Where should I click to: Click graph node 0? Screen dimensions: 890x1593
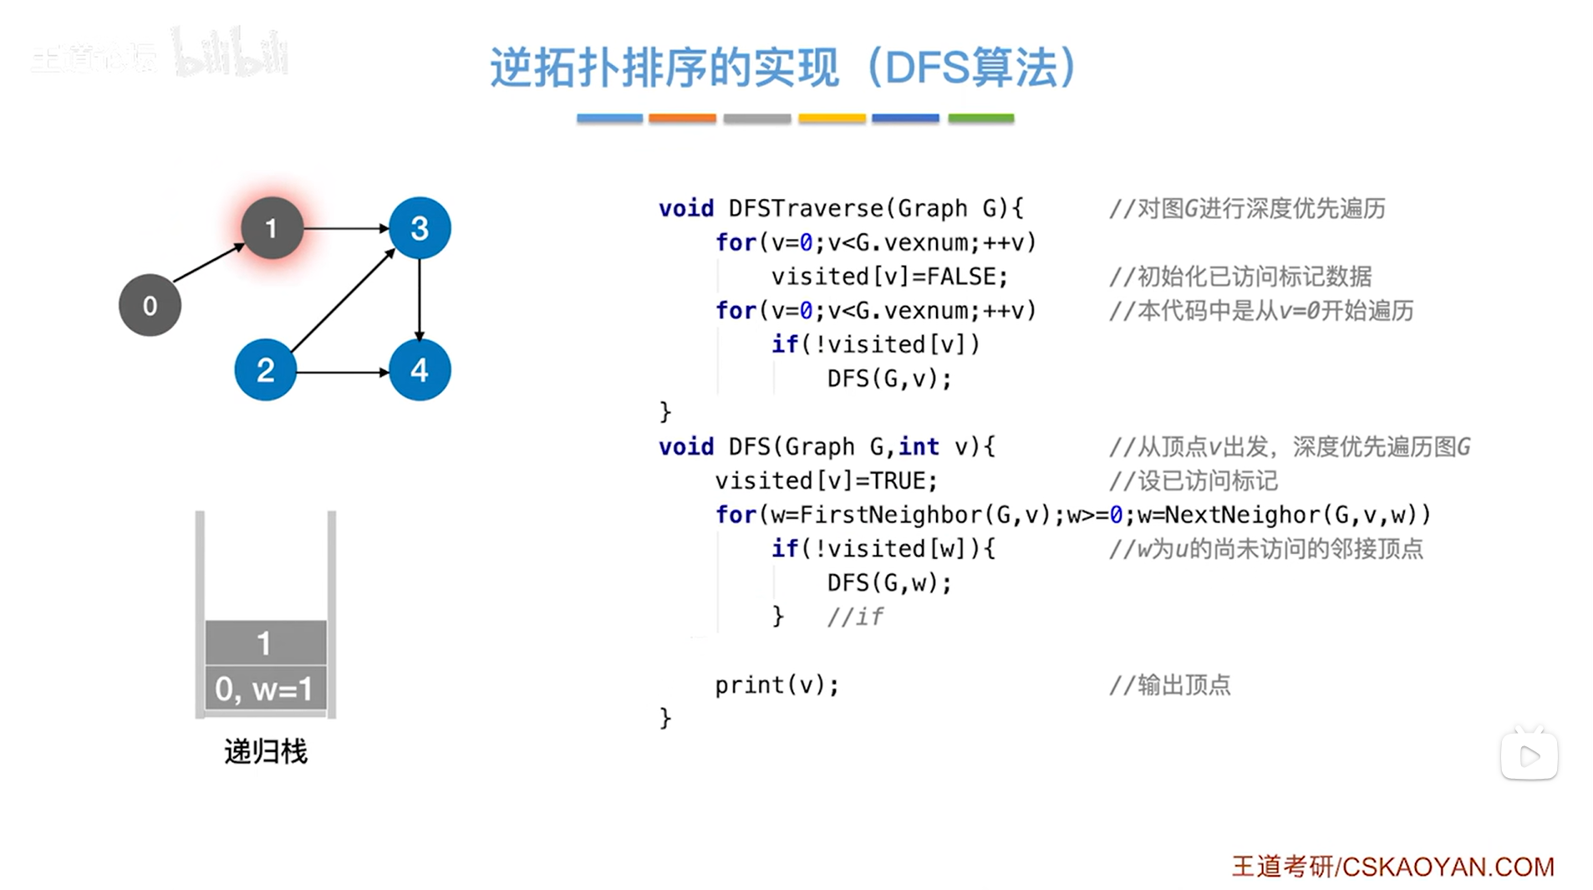tap(150, 305)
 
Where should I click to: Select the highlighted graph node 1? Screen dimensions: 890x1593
tap(271, 228)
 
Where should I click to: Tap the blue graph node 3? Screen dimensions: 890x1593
tap(420, 228)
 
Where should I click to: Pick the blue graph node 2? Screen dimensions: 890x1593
tap(265, 369)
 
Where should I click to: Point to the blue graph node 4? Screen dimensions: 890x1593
tap(420, 369)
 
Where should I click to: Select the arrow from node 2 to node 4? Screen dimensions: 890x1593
tap(343, 371)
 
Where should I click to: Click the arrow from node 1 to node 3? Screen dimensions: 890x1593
tap(345, 227)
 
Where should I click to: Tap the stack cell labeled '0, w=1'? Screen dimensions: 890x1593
tap(265, 689)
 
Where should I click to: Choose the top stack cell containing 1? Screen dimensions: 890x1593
tap(265, 643)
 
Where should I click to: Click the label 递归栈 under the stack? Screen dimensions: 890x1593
tap(266, 751)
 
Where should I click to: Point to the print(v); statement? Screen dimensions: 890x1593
tap(776, 685)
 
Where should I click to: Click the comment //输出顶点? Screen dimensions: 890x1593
tap(1169, 685)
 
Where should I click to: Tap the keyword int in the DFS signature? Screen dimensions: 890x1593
tap(919, 447)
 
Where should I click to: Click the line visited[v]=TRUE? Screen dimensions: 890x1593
tap(826, 481)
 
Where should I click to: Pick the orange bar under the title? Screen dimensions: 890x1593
tap(682, 119)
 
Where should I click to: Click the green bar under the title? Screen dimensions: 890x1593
tap(980, 119)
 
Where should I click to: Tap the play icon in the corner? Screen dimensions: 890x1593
tap(1529, 756)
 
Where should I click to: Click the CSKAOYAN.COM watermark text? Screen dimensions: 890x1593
tap(1447, 867)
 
